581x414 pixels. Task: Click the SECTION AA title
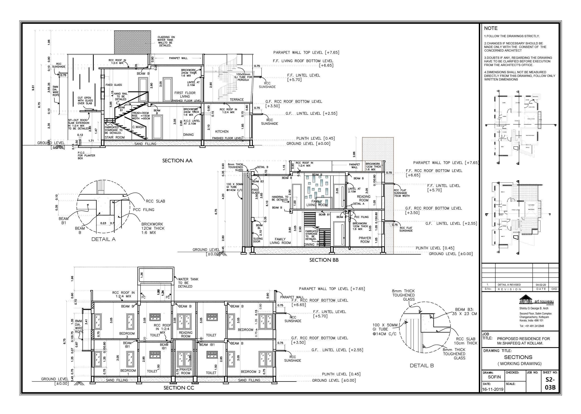click(177, 161)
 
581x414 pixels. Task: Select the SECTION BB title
click(324, 260)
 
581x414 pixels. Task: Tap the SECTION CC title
click(179, 388)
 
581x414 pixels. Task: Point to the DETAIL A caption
click(103, 239)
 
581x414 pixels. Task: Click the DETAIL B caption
click(422, 365)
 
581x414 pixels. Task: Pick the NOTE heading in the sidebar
click(491, 28)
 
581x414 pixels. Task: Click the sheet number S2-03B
click(550, 383)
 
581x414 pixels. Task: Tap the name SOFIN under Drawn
click(494, 377)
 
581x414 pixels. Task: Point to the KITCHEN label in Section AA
click(222, 131)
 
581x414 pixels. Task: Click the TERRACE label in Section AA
click(237, 100)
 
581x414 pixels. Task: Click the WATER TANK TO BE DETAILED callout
click(188, 283)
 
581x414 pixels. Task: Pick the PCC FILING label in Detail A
click(144, 210)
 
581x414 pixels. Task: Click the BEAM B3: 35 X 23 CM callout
click(466, 311)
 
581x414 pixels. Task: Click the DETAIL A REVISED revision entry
click(509, 285)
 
